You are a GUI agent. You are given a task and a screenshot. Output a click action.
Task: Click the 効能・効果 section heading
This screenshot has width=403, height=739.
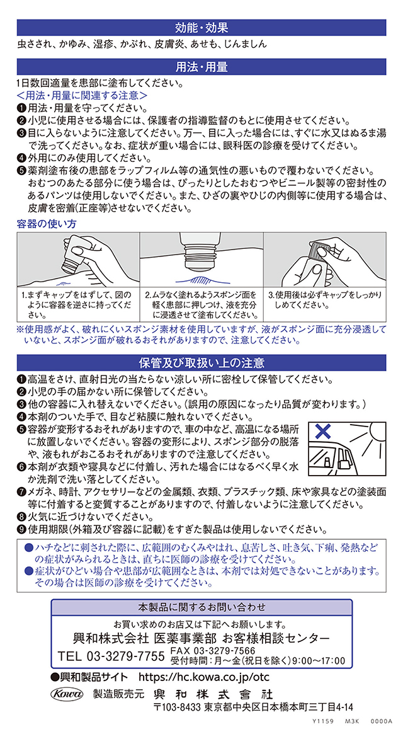point(201,27)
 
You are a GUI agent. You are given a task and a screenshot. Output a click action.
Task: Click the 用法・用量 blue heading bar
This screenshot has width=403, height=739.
point(201,67)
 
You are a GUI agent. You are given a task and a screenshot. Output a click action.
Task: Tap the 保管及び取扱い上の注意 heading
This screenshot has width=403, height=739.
point(201,362)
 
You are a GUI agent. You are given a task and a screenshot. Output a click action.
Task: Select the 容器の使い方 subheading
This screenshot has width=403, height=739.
point(47,223)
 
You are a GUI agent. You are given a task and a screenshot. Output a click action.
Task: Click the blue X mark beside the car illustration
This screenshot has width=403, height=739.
point(323,431)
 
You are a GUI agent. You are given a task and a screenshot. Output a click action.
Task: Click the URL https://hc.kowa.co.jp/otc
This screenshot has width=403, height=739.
point(205,677)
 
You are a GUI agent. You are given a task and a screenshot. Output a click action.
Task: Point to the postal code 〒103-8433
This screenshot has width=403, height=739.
point(178,707)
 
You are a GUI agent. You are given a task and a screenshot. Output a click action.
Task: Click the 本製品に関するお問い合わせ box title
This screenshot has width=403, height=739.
point(201,606)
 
